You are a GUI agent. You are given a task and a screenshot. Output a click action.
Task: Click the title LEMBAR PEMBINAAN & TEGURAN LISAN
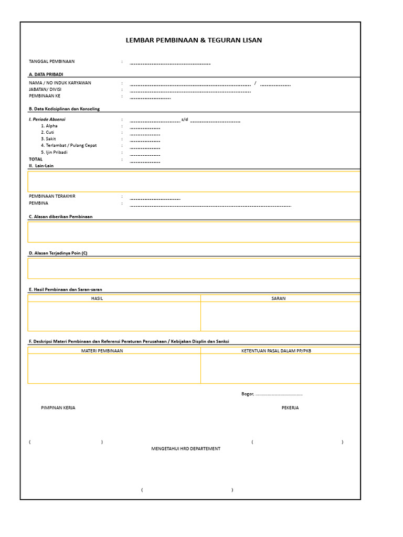pos(194,40)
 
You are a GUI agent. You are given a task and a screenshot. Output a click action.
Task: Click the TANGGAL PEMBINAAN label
pos(51,61)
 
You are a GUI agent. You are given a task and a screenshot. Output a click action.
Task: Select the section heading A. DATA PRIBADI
pos(46,74)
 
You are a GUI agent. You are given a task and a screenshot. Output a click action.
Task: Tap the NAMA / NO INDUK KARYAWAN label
pos(60,83)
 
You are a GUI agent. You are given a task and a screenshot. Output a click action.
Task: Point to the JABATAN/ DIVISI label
pos(45,89)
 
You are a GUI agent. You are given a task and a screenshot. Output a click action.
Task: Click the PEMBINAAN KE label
pos(45,96)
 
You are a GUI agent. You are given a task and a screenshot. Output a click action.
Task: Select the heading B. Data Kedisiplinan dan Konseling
pos(64,109)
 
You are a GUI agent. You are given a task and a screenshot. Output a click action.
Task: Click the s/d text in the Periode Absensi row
pos(184,119)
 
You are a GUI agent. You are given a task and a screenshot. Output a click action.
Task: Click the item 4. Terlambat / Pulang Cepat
pos(69,145)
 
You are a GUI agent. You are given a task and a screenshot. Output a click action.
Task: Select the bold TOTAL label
pos(36,159)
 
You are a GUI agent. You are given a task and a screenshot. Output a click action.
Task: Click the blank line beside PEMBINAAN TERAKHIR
pos(155,199)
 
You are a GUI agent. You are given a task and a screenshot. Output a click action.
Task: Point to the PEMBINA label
pos(38,203)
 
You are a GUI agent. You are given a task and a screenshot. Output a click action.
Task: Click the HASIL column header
pos(97,298)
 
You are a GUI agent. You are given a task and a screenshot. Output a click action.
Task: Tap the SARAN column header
pos(278,298)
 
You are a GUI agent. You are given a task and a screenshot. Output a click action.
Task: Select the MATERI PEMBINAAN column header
pos(102,351)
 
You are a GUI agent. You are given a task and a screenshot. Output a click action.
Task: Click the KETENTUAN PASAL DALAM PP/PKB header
pos(276,351)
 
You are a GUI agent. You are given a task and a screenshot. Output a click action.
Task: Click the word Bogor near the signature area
pos(247,394)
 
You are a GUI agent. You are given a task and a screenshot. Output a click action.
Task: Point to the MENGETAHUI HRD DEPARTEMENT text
pos(186,448)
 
